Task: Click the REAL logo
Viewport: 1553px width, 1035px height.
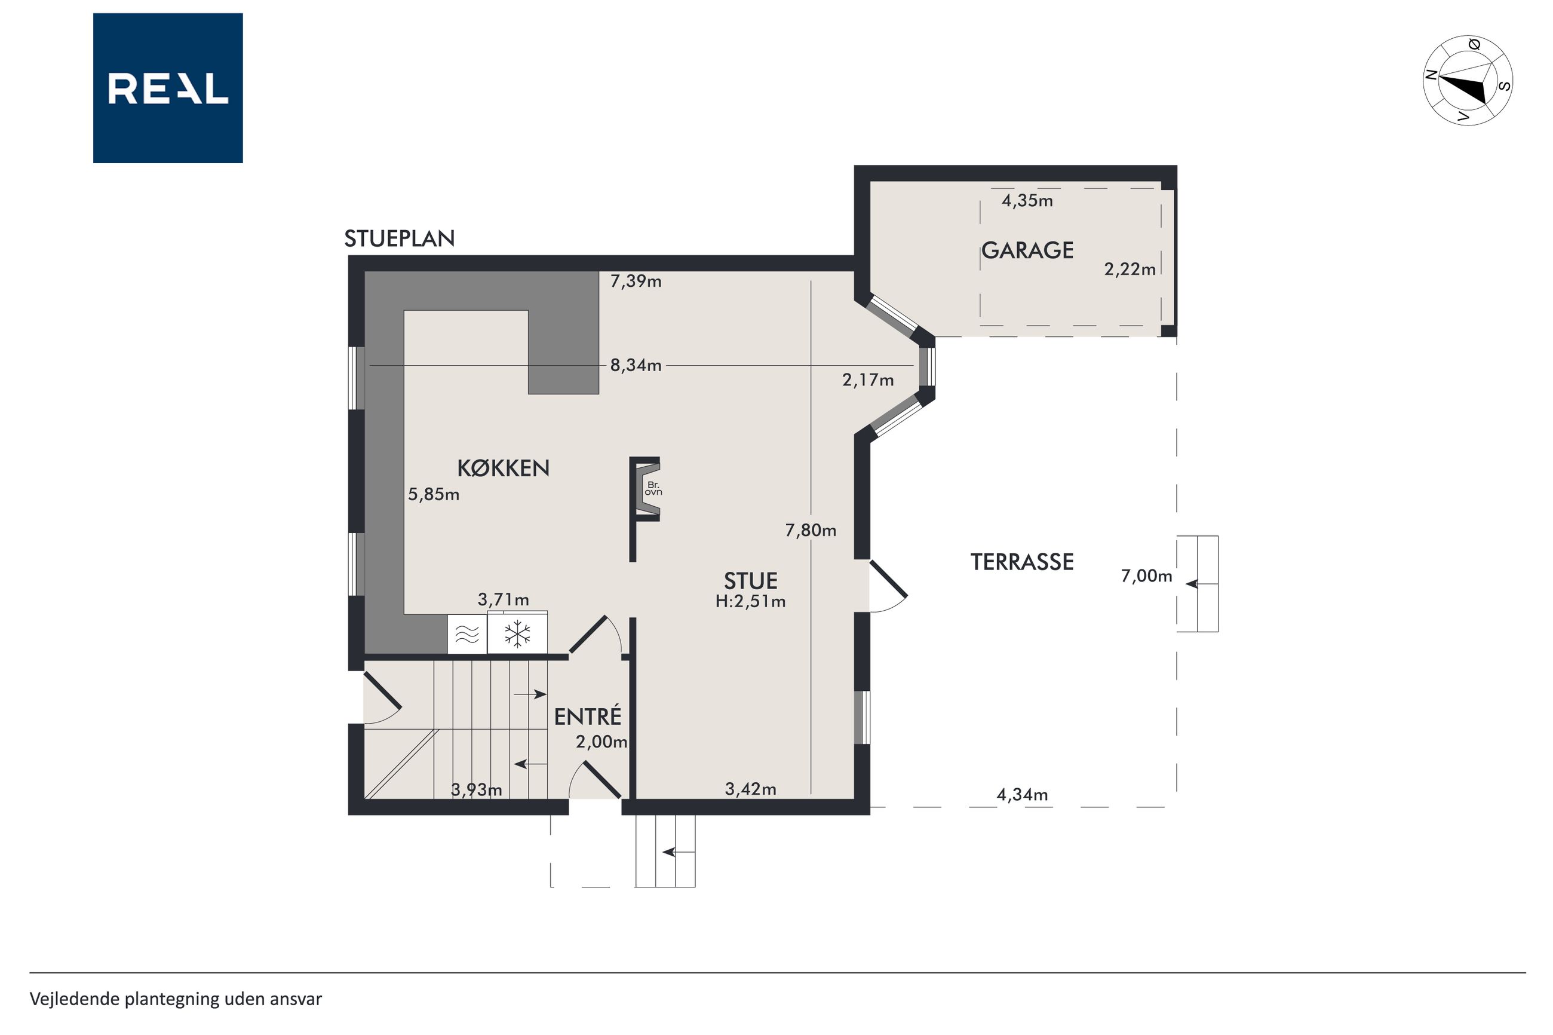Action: [168, 88]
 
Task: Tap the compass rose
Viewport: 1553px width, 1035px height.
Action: [1467, 80]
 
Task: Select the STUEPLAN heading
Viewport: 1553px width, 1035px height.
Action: [399, 238]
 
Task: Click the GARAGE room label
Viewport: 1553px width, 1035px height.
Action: [1027, 250]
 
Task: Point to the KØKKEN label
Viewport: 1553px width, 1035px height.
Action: [504, 468]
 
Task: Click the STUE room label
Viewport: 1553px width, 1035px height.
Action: [751, 581]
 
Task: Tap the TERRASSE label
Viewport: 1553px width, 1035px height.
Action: [1022, 562]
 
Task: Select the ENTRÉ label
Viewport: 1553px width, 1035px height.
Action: [587, 716]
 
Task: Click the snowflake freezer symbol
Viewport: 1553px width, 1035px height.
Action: [517, 633]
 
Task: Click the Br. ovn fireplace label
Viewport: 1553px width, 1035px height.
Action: [653, 488]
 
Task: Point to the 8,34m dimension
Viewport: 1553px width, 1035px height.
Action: [636, 366]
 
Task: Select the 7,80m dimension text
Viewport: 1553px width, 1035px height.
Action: [811, 530]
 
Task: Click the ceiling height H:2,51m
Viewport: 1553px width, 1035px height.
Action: [751, 601]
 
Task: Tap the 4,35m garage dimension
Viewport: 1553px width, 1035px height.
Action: [1027, 201]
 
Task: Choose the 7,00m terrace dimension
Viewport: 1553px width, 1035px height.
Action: [1147, 576]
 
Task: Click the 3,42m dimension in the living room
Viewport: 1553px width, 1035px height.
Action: [751, 789]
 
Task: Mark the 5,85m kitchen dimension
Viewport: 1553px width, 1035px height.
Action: [434, 494]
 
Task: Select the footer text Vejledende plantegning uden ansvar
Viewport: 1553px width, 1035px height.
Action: [176, 999]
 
